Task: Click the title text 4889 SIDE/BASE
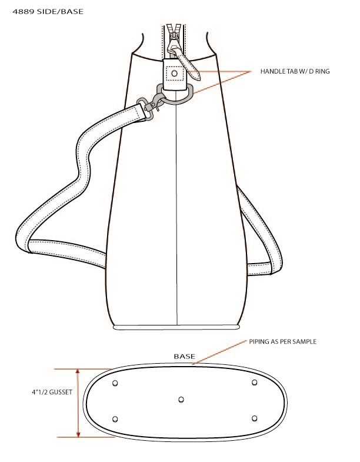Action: click(x=48, y=12)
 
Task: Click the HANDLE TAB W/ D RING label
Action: click(x=295, y=71)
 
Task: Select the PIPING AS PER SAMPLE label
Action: click(x=282, y=342)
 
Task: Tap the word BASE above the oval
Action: click(x=185, y=357)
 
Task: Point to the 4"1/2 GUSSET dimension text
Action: click(x=52, y=392)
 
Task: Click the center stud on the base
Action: click(x=181, y=400)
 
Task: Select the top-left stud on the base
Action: click(x=115, y=383)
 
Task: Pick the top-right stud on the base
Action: click(x=254, y=383)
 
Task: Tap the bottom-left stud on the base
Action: click(x=115, y=419)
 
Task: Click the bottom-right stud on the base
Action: click(x=255, y=418)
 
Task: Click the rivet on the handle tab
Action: click(x=174, y=73)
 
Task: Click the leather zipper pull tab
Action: click(x=188, y=65)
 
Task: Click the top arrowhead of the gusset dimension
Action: click(x=78, y=371)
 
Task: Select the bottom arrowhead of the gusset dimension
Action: click(x=78, y=434)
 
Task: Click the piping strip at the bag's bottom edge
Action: click(x=176, y=327)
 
